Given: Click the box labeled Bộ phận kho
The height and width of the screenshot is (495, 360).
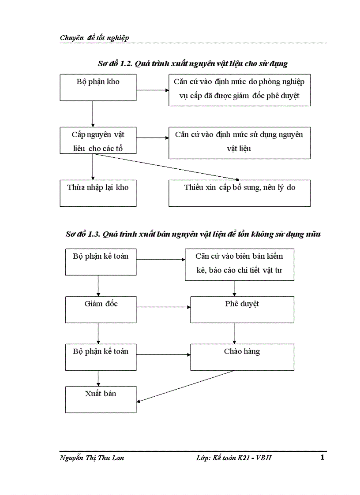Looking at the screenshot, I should click(98, 87).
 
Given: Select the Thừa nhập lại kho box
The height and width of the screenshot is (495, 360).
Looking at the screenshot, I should click(98, 193).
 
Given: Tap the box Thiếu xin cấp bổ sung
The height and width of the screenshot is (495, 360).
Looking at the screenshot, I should click(240, 193).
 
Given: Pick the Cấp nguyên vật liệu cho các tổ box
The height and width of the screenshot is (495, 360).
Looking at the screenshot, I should click(98, 141).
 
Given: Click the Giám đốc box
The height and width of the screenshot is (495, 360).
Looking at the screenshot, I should click(101, 309).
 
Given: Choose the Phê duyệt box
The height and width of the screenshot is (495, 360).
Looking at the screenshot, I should click(242, 309).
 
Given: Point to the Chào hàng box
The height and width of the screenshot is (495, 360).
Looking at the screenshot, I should click(242, 357).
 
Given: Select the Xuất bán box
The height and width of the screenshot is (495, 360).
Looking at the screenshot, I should click(101, 399).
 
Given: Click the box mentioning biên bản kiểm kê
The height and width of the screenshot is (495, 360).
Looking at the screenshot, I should click(240, 264).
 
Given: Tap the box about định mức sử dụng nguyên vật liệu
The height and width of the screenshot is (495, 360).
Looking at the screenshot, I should click(240, 143).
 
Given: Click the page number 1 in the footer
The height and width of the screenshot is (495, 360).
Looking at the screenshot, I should click(322, 457).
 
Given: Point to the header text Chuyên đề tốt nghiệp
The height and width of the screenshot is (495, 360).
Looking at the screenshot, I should click(94, 38).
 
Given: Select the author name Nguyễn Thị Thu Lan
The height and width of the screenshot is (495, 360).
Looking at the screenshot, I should click(92, 458).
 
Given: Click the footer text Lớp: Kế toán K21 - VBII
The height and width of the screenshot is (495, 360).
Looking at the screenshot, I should click(234, 458).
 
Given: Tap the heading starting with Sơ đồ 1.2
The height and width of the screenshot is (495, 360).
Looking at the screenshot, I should click(192, 64).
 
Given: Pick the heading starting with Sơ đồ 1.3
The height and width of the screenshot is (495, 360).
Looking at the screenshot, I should click(192, 234).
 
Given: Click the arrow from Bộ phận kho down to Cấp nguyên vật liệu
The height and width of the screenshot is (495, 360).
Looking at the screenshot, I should click(93, 114).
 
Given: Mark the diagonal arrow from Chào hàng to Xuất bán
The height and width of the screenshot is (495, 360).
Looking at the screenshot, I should click(185, 386).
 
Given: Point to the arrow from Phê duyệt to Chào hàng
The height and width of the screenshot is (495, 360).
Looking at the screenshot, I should click(234, 334).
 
